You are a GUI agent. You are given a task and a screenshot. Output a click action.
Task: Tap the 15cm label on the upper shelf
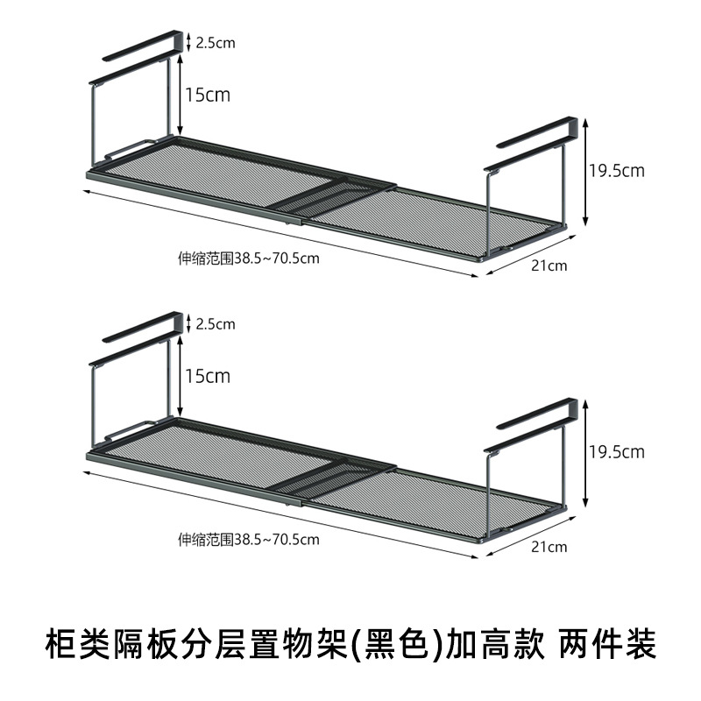(207, 94)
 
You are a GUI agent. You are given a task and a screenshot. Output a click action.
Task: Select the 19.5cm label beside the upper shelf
(616, 170)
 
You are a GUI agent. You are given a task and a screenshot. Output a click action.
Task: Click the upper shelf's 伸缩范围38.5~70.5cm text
(249, 258)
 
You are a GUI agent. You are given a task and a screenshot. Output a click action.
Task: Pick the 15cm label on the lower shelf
(207, 376)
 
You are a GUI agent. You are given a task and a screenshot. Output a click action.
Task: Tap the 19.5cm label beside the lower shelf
(616, 452)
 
